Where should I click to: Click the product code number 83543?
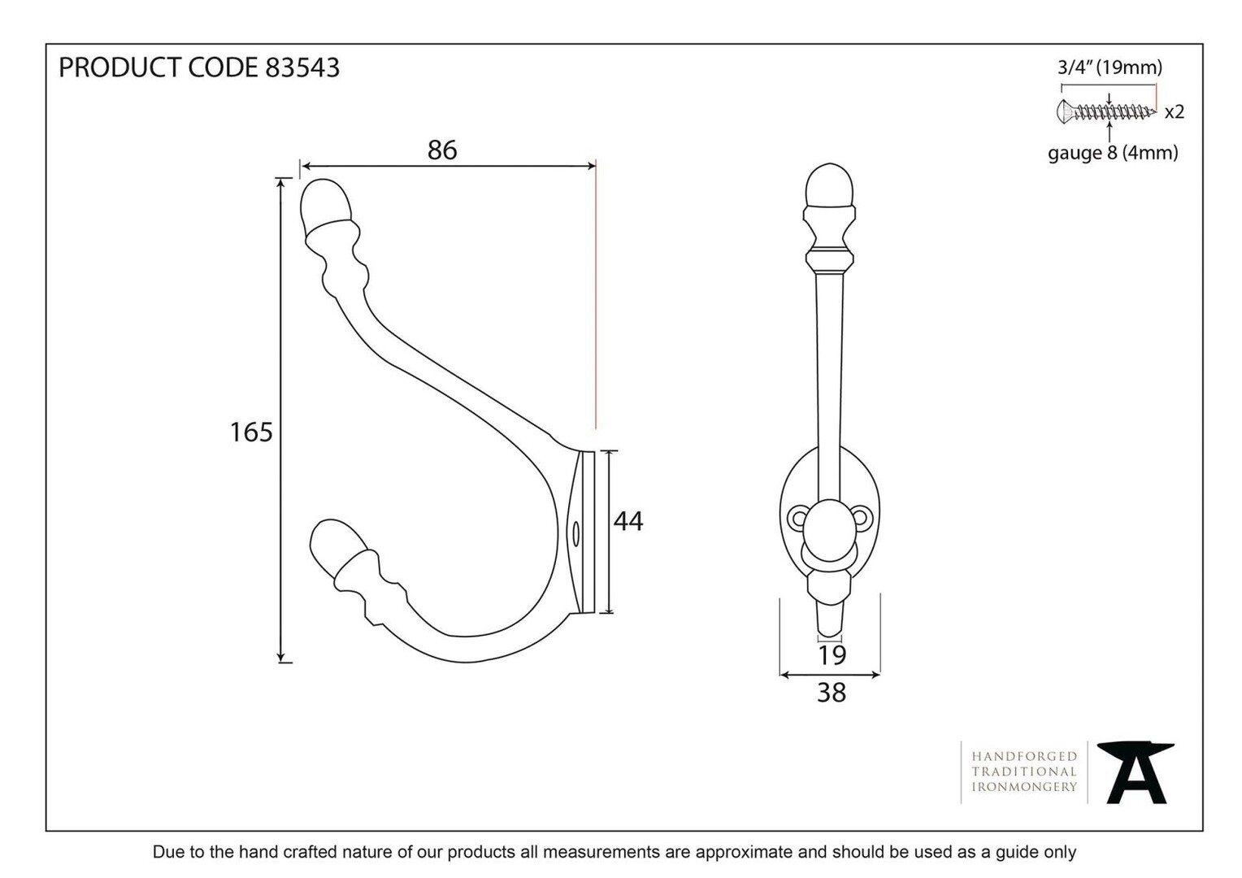click(x=302, y=67)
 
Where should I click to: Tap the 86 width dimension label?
click(x=442, y=150)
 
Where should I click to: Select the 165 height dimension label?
click(x=251, y=432)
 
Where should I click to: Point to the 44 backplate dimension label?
click(x=628, y=521)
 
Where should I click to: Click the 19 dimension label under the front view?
click(x=832, y=655)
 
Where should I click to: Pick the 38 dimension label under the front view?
click(x=832, y=693)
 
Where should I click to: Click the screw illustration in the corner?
click(x=1107, y=111)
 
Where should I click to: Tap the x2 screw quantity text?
click(x=1175, y=112)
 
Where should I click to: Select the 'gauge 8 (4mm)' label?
click(x=1113, y=153)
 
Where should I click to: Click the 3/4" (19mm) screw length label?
click(x=1110, y=67)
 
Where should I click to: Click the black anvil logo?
click(x=1136, y=772)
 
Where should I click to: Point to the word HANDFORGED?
click(x=1024, y=756)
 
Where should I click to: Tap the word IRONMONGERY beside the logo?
click(x=1024, y=786)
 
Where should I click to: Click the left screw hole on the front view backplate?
click(x=799, y=519)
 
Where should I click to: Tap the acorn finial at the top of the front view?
click(x=829, y=186)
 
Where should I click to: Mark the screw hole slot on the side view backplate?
click(x=575, y=534)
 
